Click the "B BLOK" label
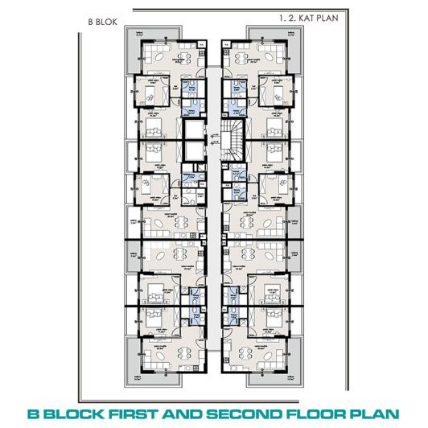pyautogui.click(x=100, y=24)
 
